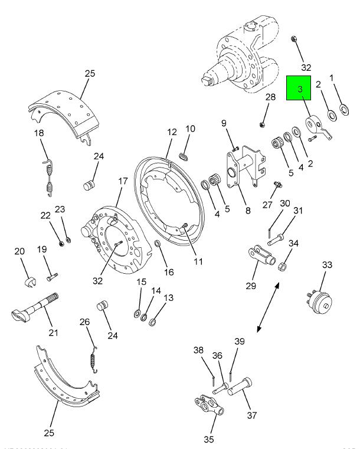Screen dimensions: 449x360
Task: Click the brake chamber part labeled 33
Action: point(319,299)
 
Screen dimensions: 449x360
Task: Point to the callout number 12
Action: point(172,132)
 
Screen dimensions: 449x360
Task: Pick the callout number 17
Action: point(123,182)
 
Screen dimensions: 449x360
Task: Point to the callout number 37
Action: point(252,415)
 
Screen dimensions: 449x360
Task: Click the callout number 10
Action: point(190,129)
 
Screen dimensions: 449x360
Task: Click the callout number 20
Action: point(19,252)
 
